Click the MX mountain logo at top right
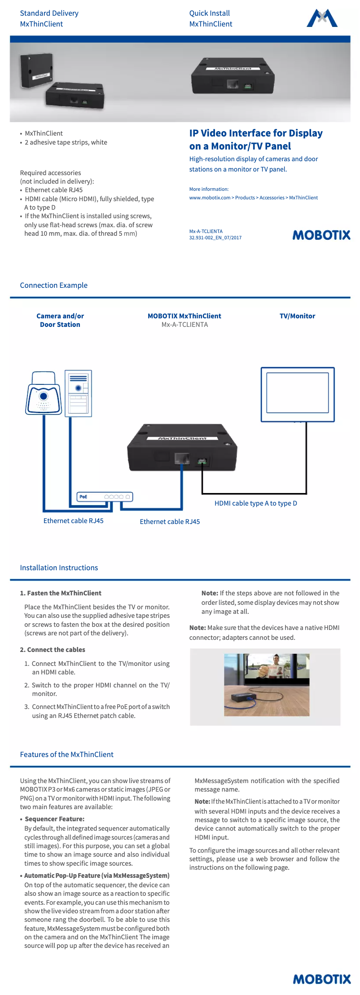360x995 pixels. tap(322, 18)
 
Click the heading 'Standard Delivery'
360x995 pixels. tap(49, 13)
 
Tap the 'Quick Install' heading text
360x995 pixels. tap(209, 13)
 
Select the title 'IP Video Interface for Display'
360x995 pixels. tap(255, 133)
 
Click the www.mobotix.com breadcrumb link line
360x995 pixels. tap(253, 198)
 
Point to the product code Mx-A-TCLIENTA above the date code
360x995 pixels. tap(206, 232)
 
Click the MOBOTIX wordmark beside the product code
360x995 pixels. tap(321, 235)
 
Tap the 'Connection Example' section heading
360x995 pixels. tap(53, 286)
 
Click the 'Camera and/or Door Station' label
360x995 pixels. tap(60, 320)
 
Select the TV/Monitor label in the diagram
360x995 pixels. tap(297, 316)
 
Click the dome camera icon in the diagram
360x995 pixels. tap(43, 394)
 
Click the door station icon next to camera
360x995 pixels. tap(78, 393)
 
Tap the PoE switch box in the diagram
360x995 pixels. tap(105, 497)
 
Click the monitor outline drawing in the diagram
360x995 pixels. tap(298, 394)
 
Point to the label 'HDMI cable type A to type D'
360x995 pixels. tap(255, 503)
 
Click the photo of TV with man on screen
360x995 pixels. tap(267, 684)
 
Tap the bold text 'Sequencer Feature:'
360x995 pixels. tap(54, 819)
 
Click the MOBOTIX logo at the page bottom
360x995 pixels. tap(321, 979)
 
